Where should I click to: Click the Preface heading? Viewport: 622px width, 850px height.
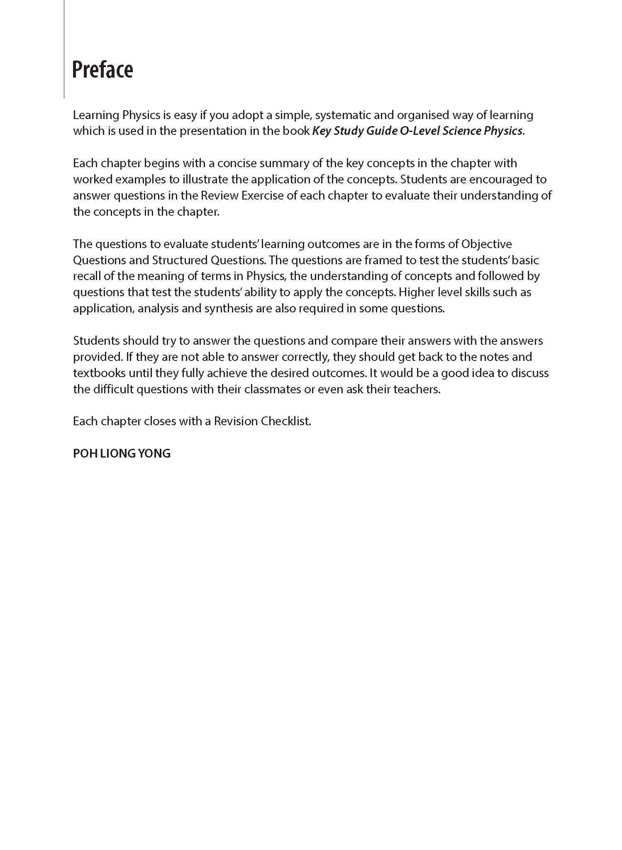(x=102, y=70)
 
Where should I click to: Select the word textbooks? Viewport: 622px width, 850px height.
(x=99, y=373)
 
